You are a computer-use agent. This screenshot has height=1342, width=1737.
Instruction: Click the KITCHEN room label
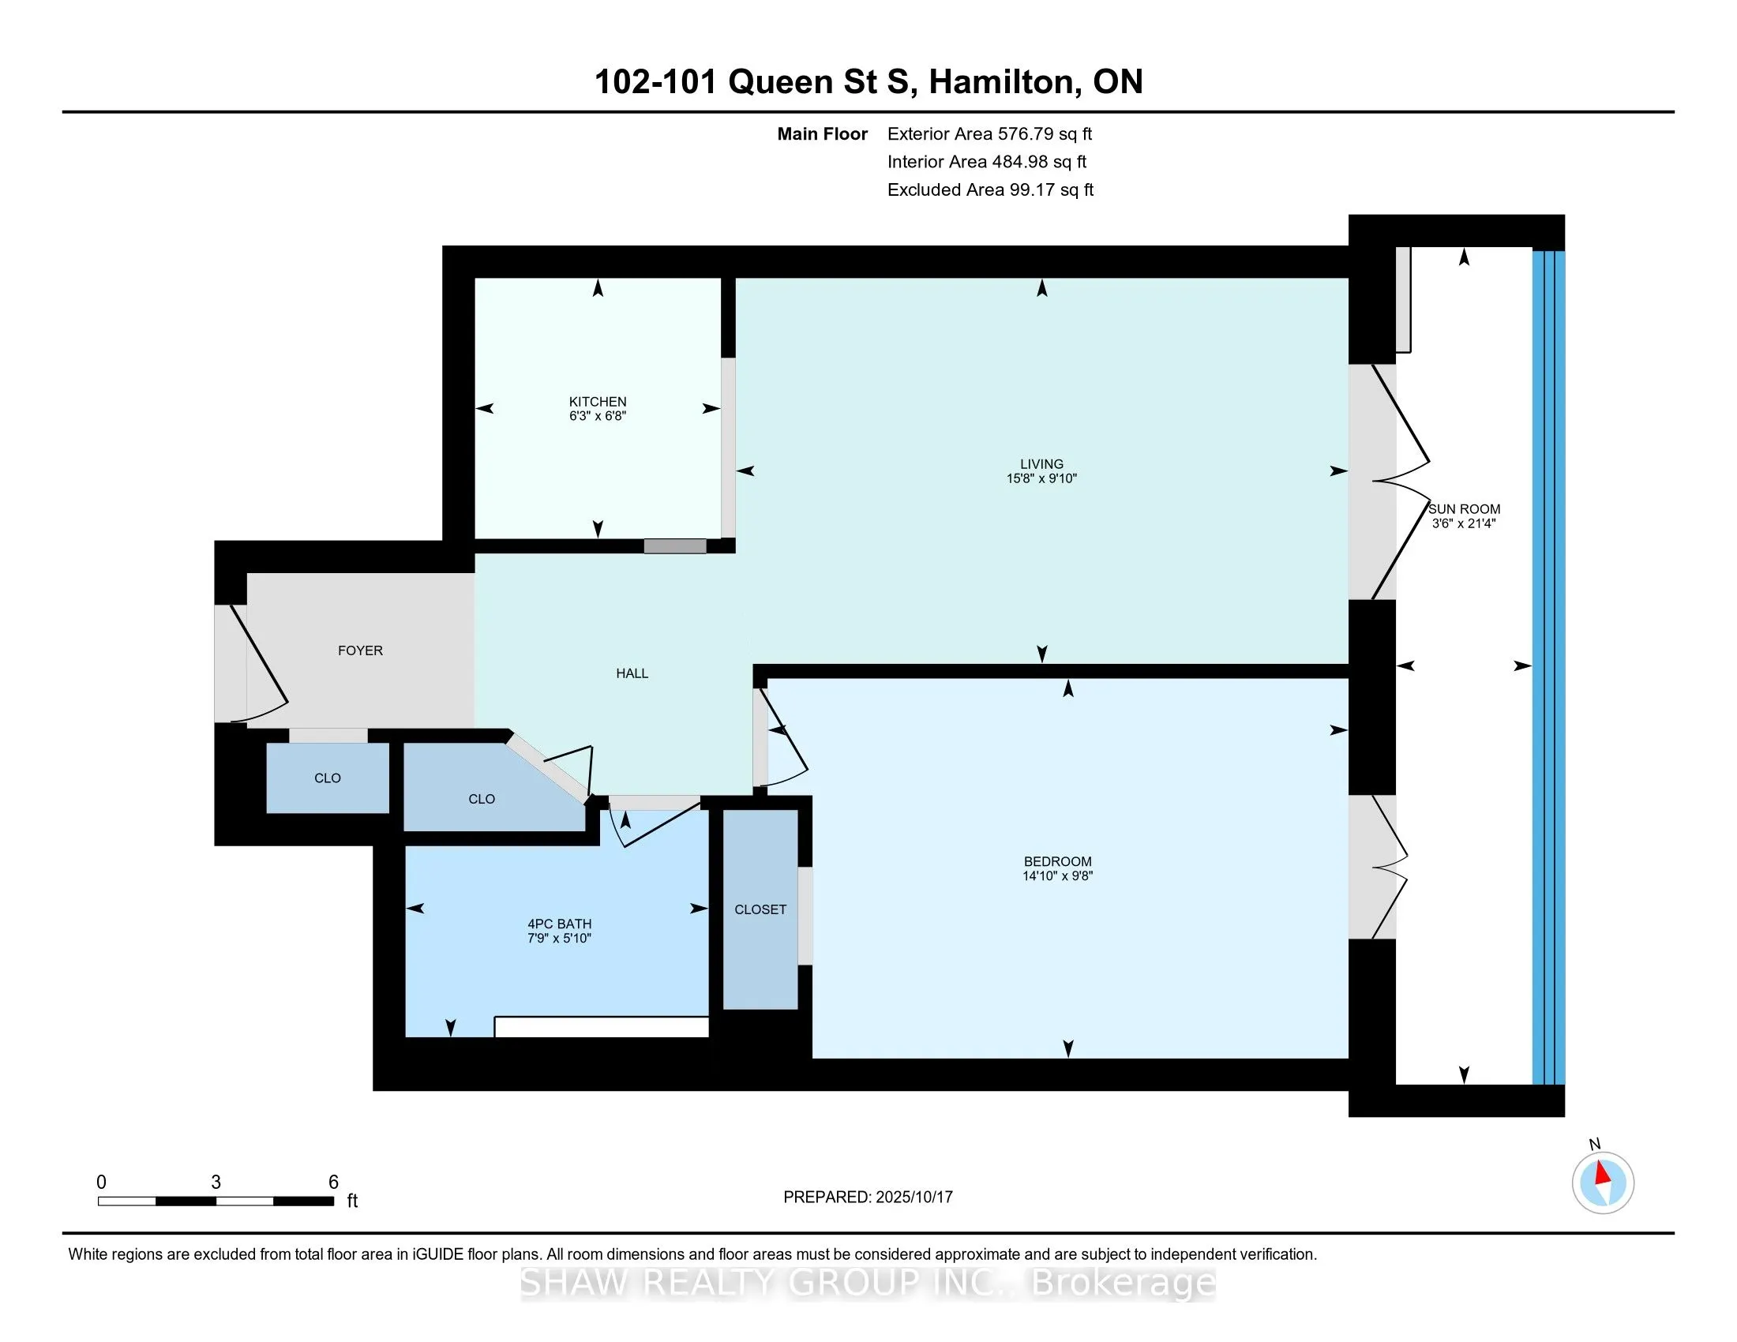click(x=598, y=402)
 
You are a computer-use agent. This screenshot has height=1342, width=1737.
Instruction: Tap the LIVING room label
click(x=1041, y=463)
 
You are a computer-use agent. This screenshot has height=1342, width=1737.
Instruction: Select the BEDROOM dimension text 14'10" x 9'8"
click(x=1057, y=876)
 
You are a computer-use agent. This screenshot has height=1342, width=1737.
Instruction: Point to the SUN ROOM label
click(x=1464, y=509)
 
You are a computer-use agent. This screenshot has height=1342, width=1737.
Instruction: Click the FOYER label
click(x=360, y=650)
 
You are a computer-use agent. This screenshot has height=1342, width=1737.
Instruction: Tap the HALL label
click(x=632, y=673)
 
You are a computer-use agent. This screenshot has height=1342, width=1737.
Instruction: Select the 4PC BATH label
click(x=559, y=924)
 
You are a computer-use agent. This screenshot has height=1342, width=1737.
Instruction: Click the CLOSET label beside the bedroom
click(x=760, y=909)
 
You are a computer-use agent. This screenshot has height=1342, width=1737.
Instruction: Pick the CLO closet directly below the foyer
click(x=327, y=778)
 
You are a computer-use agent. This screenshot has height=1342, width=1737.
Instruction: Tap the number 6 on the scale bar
click(x=333, y=1183)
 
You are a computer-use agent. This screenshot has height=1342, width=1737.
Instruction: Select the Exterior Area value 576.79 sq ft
click(x=1045, y=133)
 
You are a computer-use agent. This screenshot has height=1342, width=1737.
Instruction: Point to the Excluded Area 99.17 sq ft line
click(x=990, y=190)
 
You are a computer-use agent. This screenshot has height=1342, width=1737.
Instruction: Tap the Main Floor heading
click(x=823, y=133)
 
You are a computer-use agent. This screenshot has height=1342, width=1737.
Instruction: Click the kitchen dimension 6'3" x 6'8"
click(x=598, y=416)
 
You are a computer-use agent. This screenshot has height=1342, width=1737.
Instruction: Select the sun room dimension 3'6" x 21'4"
click(x=1464, y=524)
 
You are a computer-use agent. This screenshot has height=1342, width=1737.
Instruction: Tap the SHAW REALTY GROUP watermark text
click(x=868, y=1283)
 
